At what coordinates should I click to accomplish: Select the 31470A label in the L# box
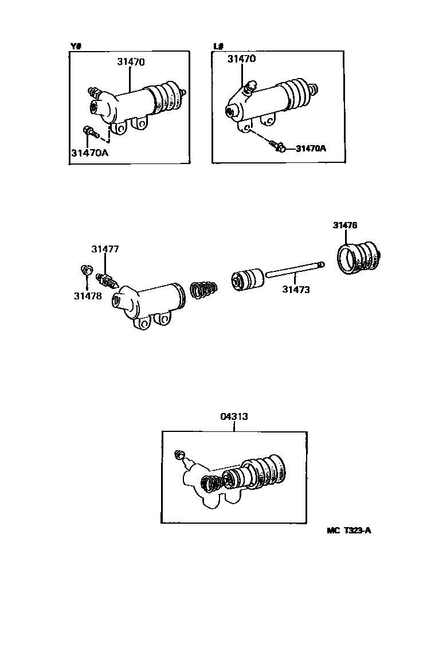(x=311, y=148)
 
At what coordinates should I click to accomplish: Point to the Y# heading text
(x=75, y=46)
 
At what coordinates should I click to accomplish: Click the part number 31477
(x=105, y=249)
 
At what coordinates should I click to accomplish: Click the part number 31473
(x=296, y=290)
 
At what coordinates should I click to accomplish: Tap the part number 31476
(x=345, y=225)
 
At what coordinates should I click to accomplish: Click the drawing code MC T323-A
(x=349, y=530)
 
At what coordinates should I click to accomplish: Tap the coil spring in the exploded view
(x=203, y=289)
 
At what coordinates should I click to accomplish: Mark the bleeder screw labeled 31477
(x=107, y=280)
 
